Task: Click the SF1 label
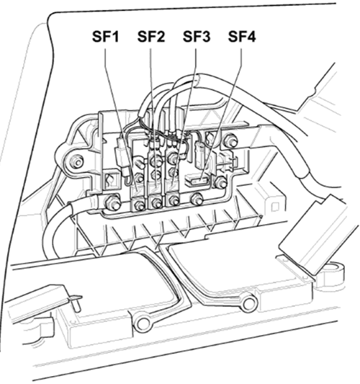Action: (105, 37)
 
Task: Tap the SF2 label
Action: (151, 37)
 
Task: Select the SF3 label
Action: (197, 37)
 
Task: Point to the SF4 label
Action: (242, 37)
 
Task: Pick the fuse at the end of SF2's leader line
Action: (155, 188)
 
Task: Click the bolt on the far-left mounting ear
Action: (76, 161)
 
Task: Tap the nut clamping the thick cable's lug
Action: (112, 202)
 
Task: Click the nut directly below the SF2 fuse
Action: (156, 202)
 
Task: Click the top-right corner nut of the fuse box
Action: (230, 140)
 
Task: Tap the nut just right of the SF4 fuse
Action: (220, 182)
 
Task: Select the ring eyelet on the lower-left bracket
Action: (142, 323)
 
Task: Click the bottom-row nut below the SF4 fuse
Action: (197, 199)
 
